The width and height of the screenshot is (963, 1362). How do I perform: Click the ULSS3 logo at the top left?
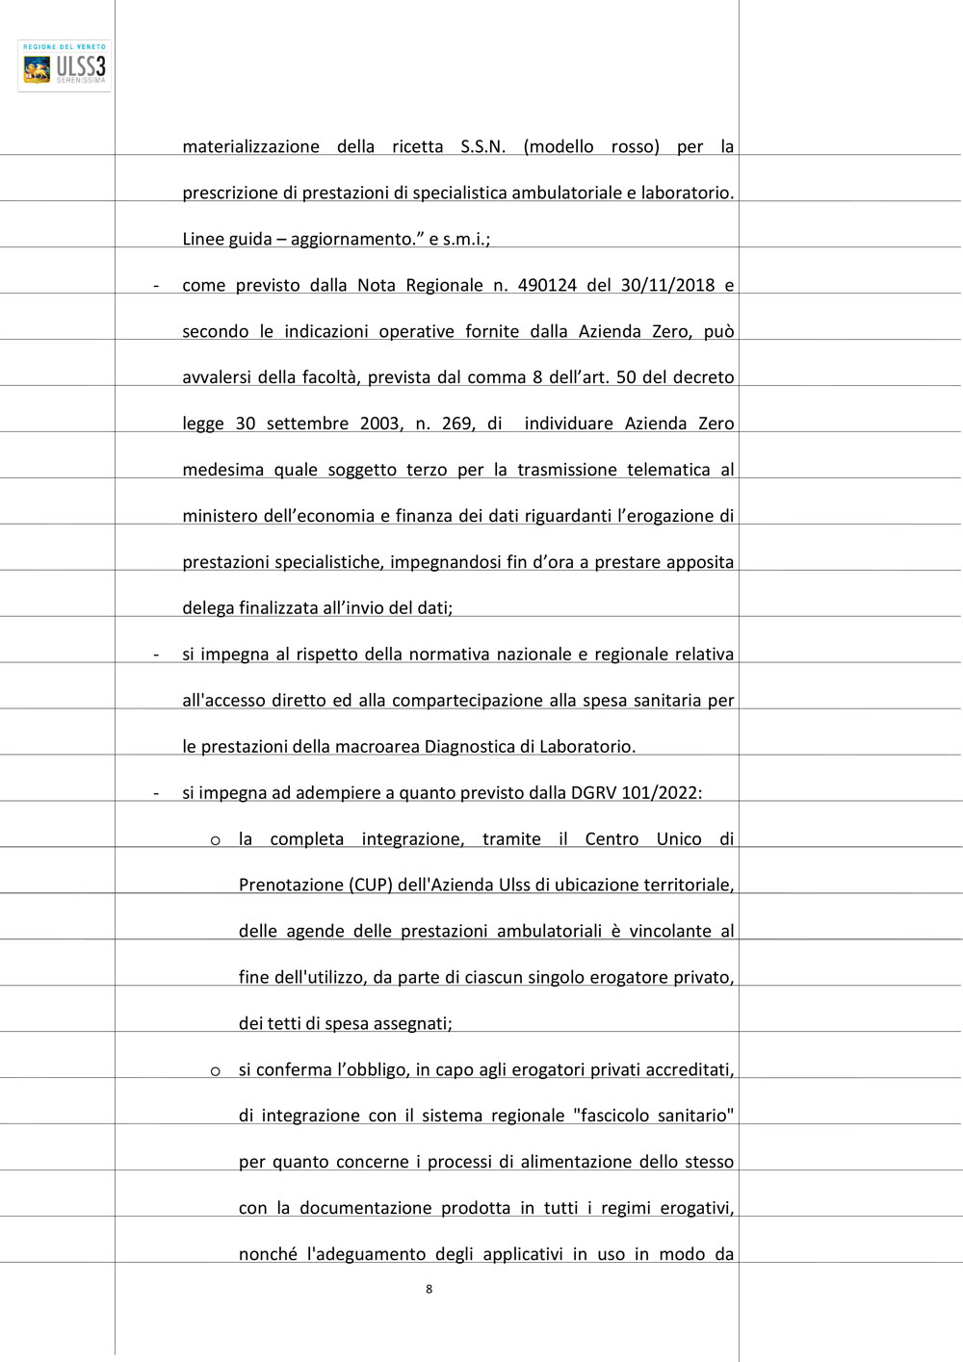pyautogui.click(x=65, y=65)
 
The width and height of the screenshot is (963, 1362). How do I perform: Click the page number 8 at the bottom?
pyautogui.click(x=429, y=1289)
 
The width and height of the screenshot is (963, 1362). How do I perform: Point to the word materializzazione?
pyautogui.click(x=250, y=146)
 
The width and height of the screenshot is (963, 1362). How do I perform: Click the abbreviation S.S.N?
pyautogui.click(x=482, y=146)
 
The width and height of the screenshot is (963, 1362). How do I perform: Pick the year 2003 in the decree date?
pyautogui.click(x=381, y=424)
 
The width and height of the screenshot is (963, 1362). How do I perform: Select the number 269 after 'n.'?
pyautogui.click(x=456, y=424)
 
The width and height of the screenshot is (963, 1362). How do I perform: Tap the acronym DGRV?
pyautogui.click(x=594, y=793)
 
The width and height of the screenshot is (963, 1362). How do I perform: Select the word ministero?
pyautogui.click(x=221, y=516)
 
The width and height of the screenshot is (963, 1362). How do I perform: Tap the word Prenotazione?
pyautogui.click(x=291, y=885)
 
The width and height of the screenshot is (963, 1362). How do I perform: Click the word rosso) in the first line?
pyautogui.click(x=635, y=146)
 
